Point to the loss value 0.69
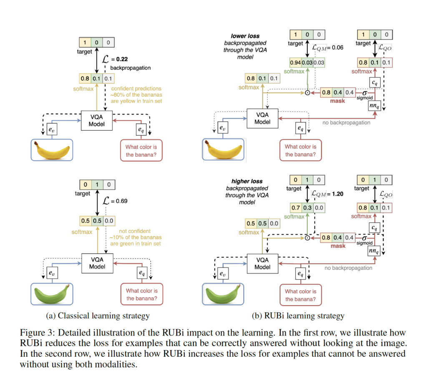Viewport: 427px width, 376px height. (120, 201)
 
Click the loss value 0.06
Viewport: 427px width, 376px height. (336, 48)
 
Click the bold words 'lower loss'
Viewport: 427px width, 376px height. (245, 36)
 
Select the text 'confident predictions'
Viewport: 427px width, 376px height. (136, 89)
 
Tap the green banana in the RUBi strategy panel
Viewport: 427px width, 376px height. (222, 294)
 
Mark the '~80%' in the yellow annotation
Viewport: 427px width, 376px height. (119, 95)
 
